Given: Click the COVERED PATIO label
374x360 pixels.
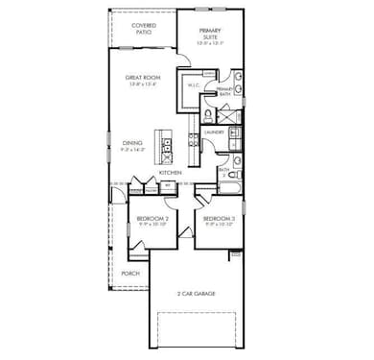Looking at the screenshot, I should tap(144, 29).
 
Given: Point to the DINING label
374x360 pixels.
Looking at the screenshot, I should tap(132, 142).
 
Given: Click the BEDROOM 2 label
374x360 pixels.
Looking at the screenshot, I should tap(152, 219).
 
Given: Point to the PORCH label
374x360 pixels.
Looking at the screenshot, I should tap(130, 273).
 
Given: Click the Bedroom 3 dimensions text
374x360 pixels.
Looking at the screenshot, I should tap(219, 227).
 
